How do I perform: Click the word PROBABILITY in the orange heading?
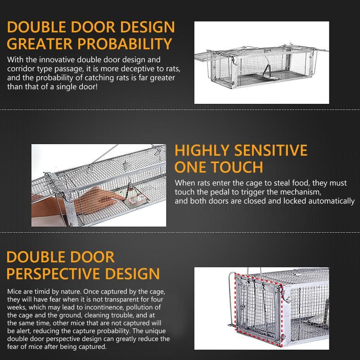tap(125, 44)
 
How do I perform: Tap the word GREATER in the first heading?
tap(40, 44)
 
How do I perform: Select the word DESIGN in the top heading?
tap(148, 27)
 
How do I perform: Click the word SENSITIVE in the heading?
tap(270, 150)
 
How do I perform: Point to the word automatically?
tap(331, 201)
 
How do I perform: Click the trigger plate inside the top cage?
tap(269, 74)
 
